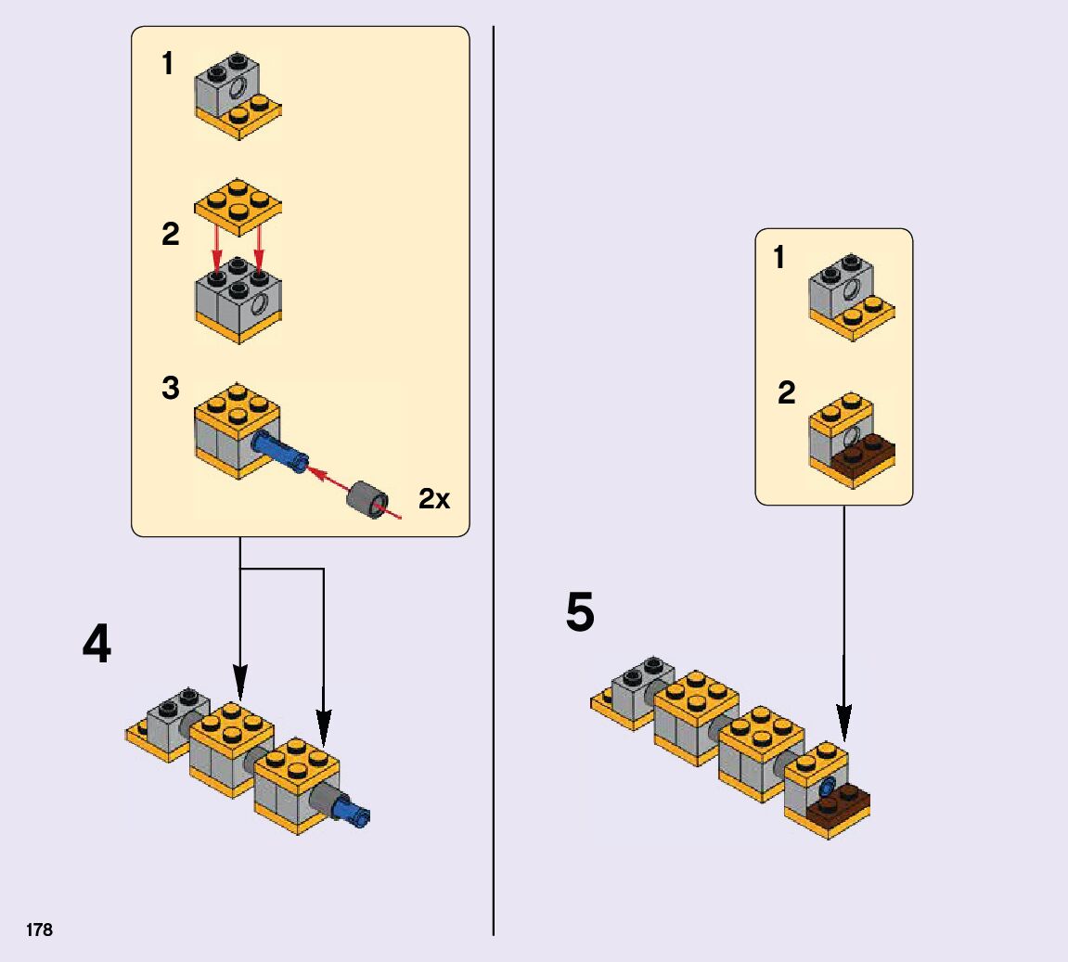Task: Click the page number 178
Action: (x=40, y=930)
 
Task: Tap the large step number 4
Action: (x=97, y=644)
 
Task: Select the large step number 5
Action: (x=580, y=614)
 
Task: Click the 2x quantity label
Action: (x=434, y=499)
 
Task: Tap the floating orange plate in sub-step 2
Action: (x=238, y=203)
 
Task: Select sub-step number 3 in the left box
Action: (x=170, y=388)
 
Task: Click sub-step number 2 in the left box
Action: (x=170, y=235)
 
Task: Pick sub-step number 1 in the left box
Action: (x=167, y=64)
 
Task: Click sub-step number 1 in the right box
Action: (x=778, y=257)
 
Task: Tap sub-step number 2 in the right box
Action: (x=786, y=393)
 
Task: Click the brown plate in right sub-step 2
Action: (x=863, y=455)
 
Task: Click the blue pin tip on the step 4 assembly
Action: (x=358, y=815)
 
